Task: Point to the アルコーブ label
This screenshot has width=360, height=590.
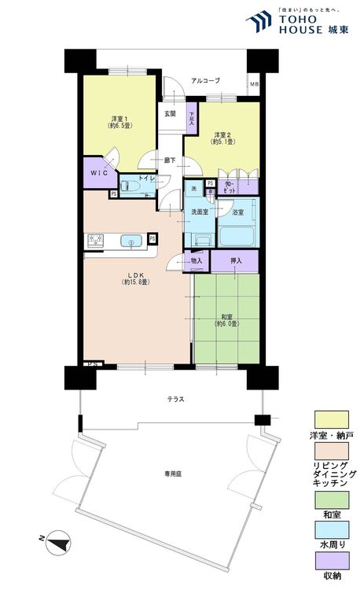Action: [x=206, y=81]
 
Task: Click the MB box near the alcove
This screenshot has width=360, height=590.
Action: [x=253, y=85]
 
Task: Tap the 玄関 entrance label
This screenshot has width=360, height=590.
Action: [x=170, y=114]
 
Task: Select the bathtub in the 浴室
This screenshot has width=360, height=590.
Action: [x=237, y=236]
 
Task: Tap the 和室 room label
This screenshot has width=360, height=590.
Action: [x=226, y=319]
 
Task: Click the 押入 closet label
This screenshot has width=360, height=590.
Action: [x=235, y=260]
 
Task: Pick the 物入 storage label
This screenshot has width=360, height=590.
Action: [x=197, y=260]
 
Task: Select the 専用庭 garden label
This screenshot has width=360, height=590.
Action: [x=173, y=474]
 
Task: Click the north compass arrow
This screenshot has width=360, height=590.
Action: [x=57, y=541]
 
